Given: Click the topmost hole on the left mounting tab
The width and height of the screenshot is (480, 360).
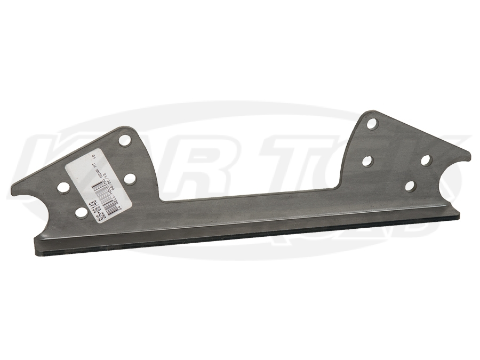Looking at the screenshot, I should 125,141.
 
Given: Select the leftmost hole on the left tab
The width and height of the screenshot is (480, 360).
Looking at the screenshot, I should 63,188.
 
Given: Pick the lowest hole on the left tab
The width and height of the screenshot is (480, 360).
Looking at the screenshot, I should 81,212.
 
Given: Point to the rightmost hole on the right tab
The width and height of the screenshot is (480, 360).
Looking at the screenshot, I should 426,159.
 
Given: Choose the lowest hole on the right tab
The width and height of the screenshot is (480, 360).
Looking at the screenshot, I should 410,186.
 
